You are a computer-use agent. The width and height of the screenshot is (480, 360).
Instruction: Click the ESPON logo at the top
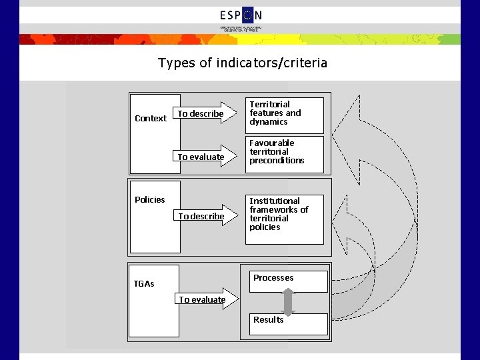tap(241, 15)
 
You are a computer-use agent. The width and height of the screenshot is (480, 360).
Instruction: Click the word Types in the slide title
tap(175, 63)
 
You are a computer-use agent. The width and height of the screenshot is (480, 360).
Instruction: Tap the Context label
tap(151, 119)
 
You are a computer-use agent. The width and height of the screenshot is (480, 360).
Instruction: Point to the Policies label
tap(150, 200)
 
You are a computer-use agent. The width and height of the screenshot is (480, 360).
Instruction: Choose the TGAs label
tap(144, 284)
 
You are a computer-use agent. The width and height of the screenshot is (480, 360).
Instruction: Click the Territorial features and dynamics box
tap(285, 114)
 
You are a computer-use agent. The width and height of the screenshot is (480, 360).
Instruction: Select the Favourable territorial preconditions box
tap(285, 153)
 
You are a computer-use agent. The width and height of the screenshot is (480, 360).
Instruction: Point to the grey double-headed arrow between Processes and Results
tap(288, 302)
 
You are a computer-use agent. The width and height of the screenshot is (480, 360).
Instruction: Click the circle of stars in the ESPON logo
tap(248, 15)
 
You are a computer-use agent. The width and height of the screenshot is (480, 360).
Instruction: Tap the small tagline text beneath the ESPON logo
tap(241, 29)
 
